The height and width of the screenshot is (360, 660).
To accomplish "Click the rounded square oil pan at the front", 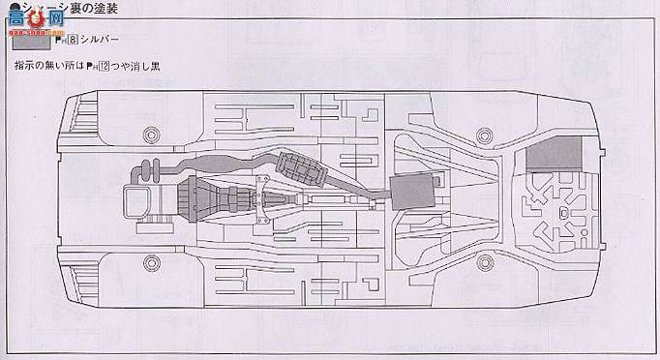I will pos(138,204).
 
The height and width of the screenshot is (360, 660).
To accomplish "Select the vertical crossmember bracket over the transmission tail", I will pos(258,199).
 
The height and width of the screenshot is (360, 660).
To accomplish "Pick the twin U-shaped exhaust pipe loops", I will pos(150,173).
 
